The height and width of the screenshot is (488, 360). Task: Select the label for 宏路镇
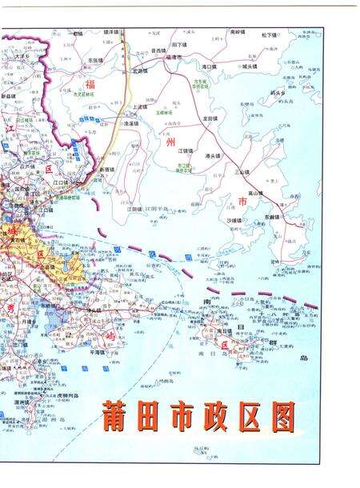(140, 70)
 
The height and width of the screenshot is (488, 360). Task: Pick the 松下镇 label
(269, 35)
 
